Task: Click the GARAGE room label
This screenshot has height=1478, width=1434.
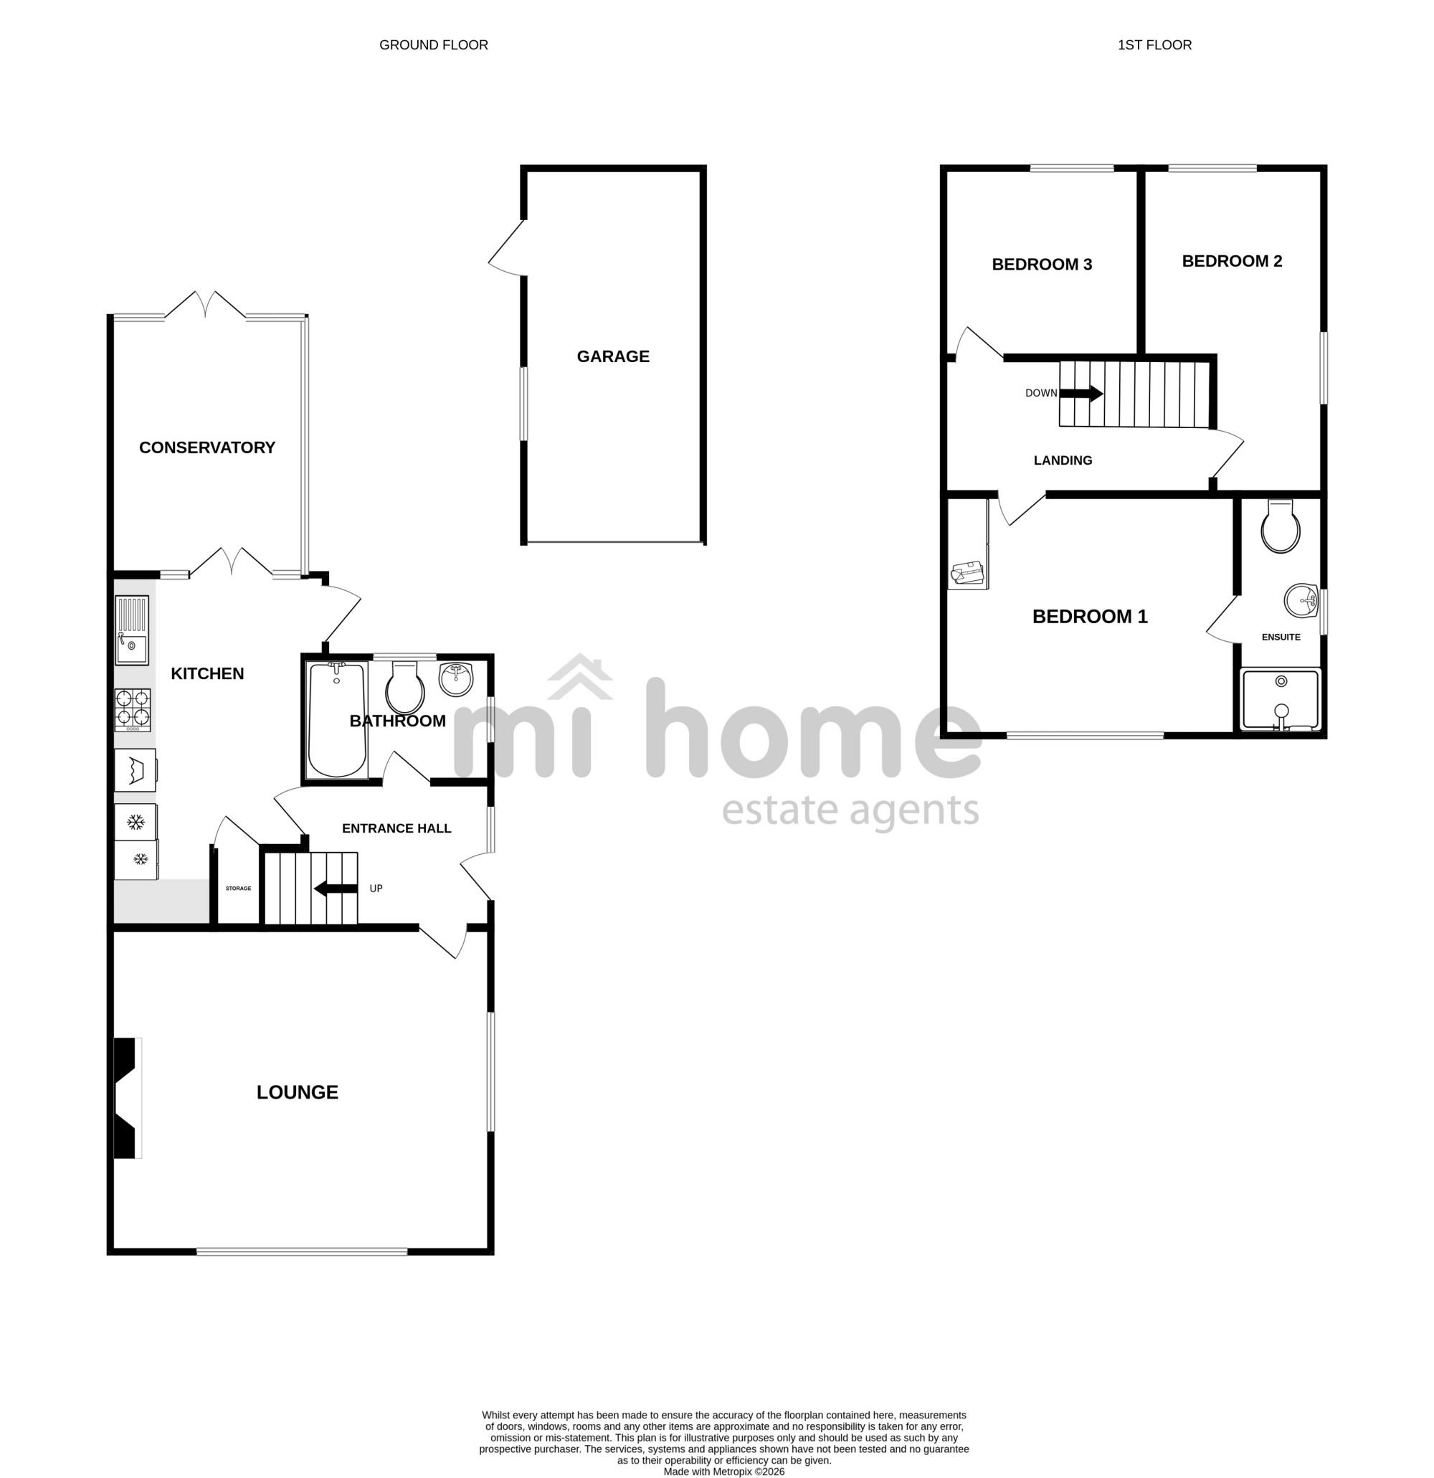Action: coord(613,356)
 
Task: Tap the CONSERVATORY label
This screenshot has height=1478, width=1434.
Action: coord(207,448)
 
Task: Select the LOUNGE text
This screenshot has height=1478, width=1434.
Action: coord(297,1092)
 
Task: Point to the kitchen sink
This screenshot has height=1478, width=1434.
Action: coord(132,630)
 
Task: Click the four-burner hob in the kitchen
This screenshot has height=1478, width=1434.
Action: coord(133,711)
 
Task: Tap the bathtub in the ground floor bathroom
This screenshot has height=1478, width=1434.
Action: coord(337,719)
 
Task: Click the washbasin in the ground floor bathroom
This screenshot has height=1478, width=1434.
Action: coord(456,678)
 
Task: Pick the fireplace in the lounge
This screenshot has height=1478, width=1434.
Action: coord(127,1098)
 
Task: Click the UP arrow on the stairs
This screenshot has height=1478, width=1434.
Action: coord(336,889)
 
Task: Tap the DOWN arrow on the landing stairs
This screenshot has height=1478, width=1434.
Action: coord(1081,393)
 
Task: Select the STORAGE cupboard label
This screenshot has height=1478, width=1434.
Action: coord(238,889)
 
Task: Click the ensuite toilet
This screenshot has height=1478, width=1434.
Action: coord(1280,526)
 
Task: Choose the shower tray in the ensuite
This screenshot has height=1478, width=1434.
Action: coord(1280,700)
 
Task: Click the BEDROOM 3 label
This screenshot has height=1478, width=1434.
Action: coord(1042,265)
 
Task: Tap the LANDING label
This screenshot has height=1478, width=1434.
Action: coord(1063,460)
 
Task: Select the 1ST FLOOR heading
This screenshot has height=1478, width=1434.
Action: coord(1154,45)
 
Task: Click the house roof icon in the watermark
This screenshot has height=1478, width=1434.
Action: coord(580,676)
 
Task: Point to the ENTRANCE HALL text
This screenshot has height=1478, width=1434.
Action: coord(397,829)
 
